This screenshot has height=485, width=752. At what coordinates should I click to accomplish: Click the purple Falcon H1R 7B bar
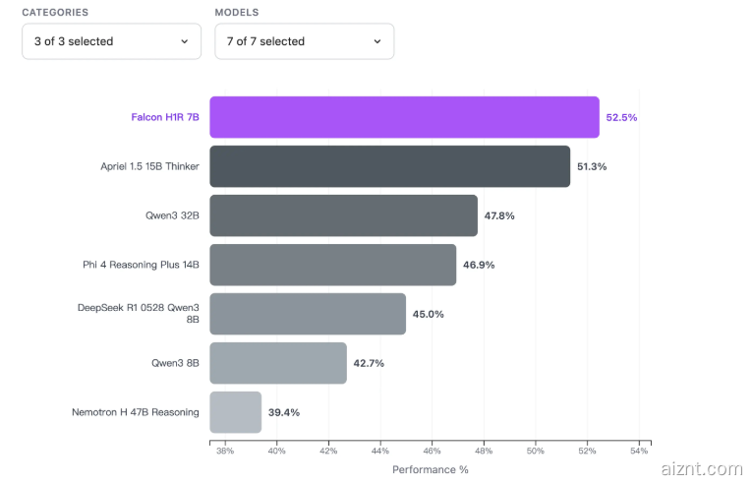click(404, 117)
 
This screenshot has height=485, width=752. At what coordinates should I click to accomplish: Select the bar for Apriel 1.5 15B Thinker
click(389, 166)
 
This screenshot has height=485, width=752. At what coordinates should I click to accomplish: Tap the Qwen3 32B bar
click(343, 215)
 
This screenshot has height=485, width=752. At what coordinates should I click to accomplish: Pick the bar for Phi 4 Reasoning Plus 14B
click(332, 265)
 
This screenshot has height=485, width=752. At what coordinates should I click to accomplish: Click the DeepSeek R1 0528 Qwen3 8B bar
click(308, 314)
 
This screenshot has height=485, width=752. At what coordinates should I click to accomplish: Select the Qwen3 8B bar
click(278, 363)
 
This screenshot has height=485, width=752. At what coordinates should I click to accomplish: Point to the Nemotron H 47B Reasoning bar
click(236, 412)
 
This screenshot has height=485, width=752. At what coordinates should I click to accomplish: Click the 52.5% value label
click(621, 117)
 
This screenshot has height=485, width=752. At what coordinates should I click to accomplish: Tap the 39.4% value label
click(284, 412)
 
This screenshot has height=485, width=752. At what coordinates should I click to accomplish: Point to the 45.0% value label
click(429, 314)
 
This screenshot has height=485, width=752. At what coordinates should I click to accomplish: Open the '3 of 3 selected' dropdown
click(111, 41)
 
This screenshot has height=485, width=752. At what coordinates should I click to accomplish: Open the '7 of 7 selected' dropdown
click(304, 41)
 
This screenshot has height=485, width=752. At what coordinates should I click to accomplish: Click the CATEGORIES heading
click(55, 13)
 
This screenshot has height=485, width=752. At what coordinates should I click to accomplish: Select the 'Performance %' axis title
click(431, 469)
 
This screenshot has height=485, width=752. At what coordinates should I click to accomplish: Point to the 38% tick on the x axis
click(224, 452)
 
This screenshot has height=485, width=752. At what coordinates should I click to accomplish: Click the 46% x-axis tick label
click(432, 452)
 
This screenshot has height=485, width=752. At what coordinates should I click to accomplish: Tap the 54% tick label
click(638, 452)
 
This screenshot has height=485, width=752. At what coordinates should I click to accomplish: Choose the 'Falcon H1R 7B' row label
click(165, 117)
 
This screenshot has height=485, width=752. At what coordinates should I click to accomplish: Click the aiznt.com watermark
click(703, 469)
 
